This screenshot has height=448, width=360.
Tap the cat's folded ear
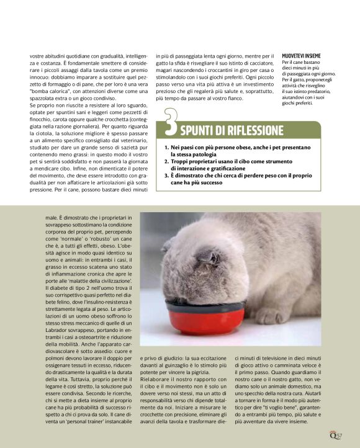click(207, 256)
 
